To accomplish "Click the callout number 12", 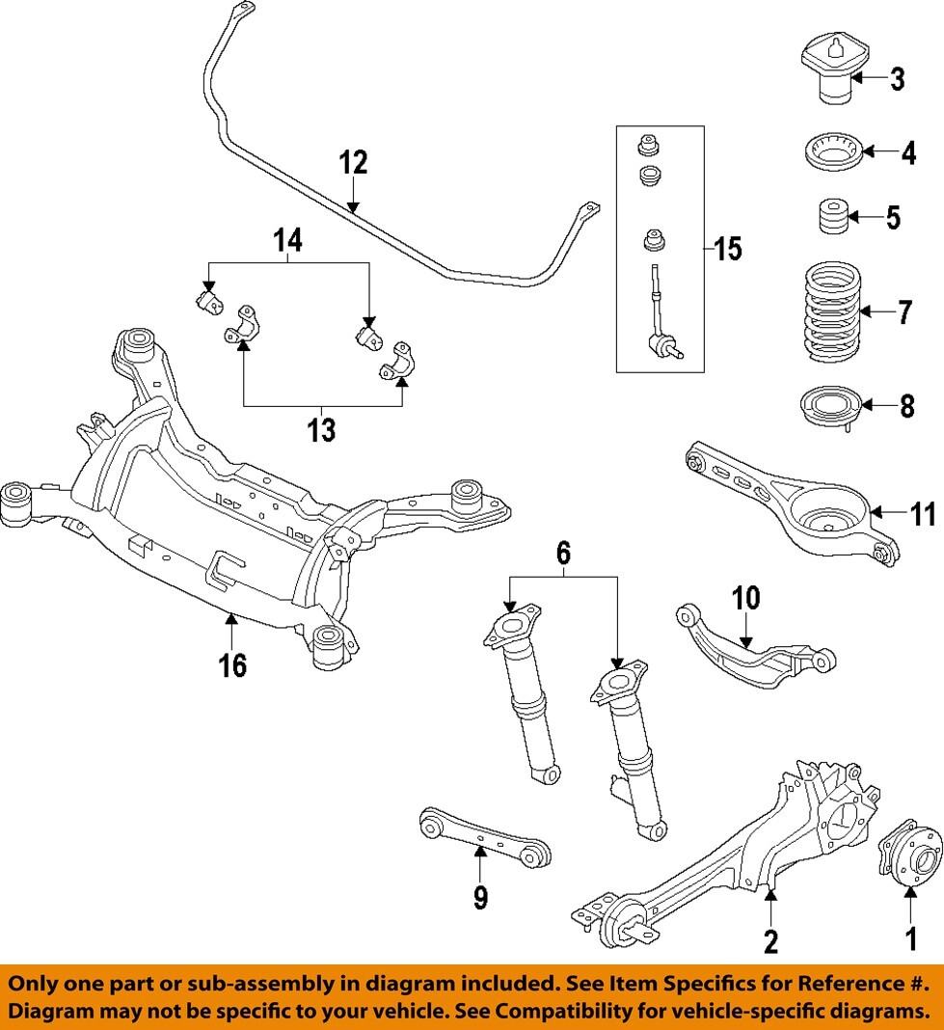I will point(353,162).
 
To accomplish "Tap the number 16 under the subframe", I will point(231,664).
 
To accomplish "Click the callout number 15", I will point(728,250).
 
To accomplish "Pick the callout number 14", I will point(288,240).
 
